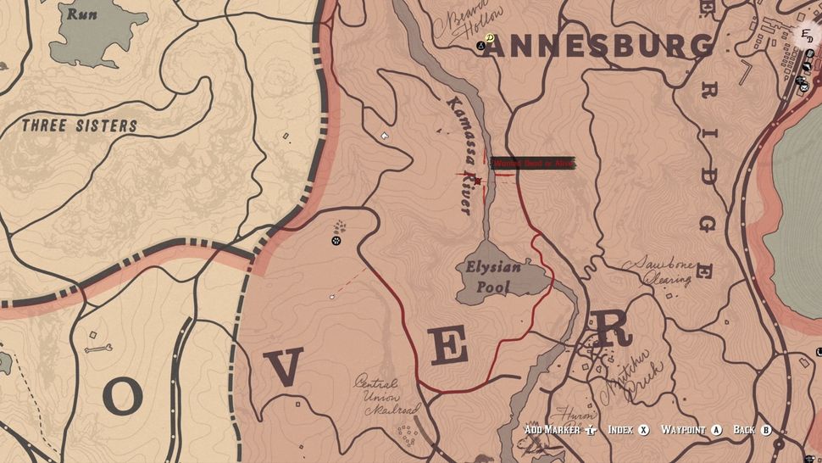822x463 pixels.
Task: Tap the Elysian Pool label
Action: tap(493, 276)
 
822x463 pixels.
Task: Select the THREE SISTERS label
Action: tap(80, 126)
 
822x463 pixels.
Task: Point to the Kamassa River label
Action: tap(459, 155)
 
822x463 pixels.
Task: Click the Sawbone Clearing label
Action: tap(659, 272)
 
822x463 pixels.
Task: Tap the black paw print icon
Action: tap(336, 241)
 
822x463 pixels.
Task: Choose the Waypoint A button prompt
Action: tap(691, 430)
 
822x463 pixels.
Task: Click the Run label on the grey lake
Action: tap(81, 14)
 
